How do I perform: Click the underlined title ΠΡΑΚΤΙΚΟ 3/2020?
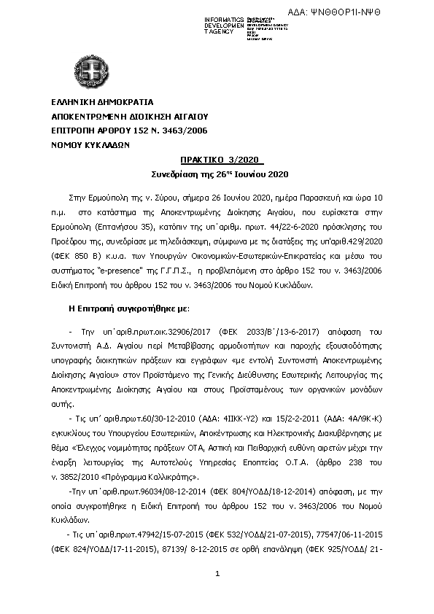[222, 160]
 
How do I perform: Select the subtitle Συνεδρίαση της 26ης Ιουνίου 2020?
[220, 175]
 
